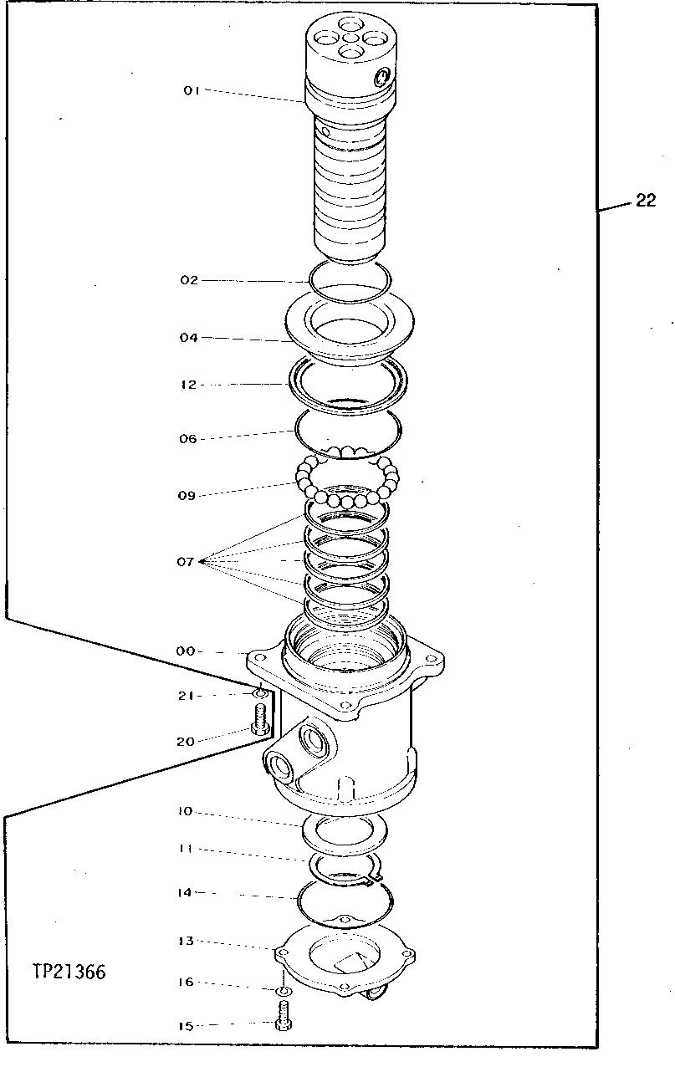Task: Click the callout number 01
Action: (x=190, y=90)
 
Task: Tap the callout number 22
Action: (x=645, y=201)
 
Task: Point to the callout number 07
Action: (x=185, y=562)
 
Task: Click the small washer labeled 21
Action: (x=261, y=692)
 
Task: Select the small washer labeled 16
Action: (x=284, y=992)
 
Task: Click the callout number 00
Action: (x=186, y=651)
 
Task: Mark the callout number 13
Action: (x=184, y=941)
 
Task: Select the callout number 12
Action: (x=187, y=385)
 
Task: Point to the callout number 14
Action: (x=184, y=893)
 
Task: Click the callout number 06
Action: (x=187, y=438)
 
